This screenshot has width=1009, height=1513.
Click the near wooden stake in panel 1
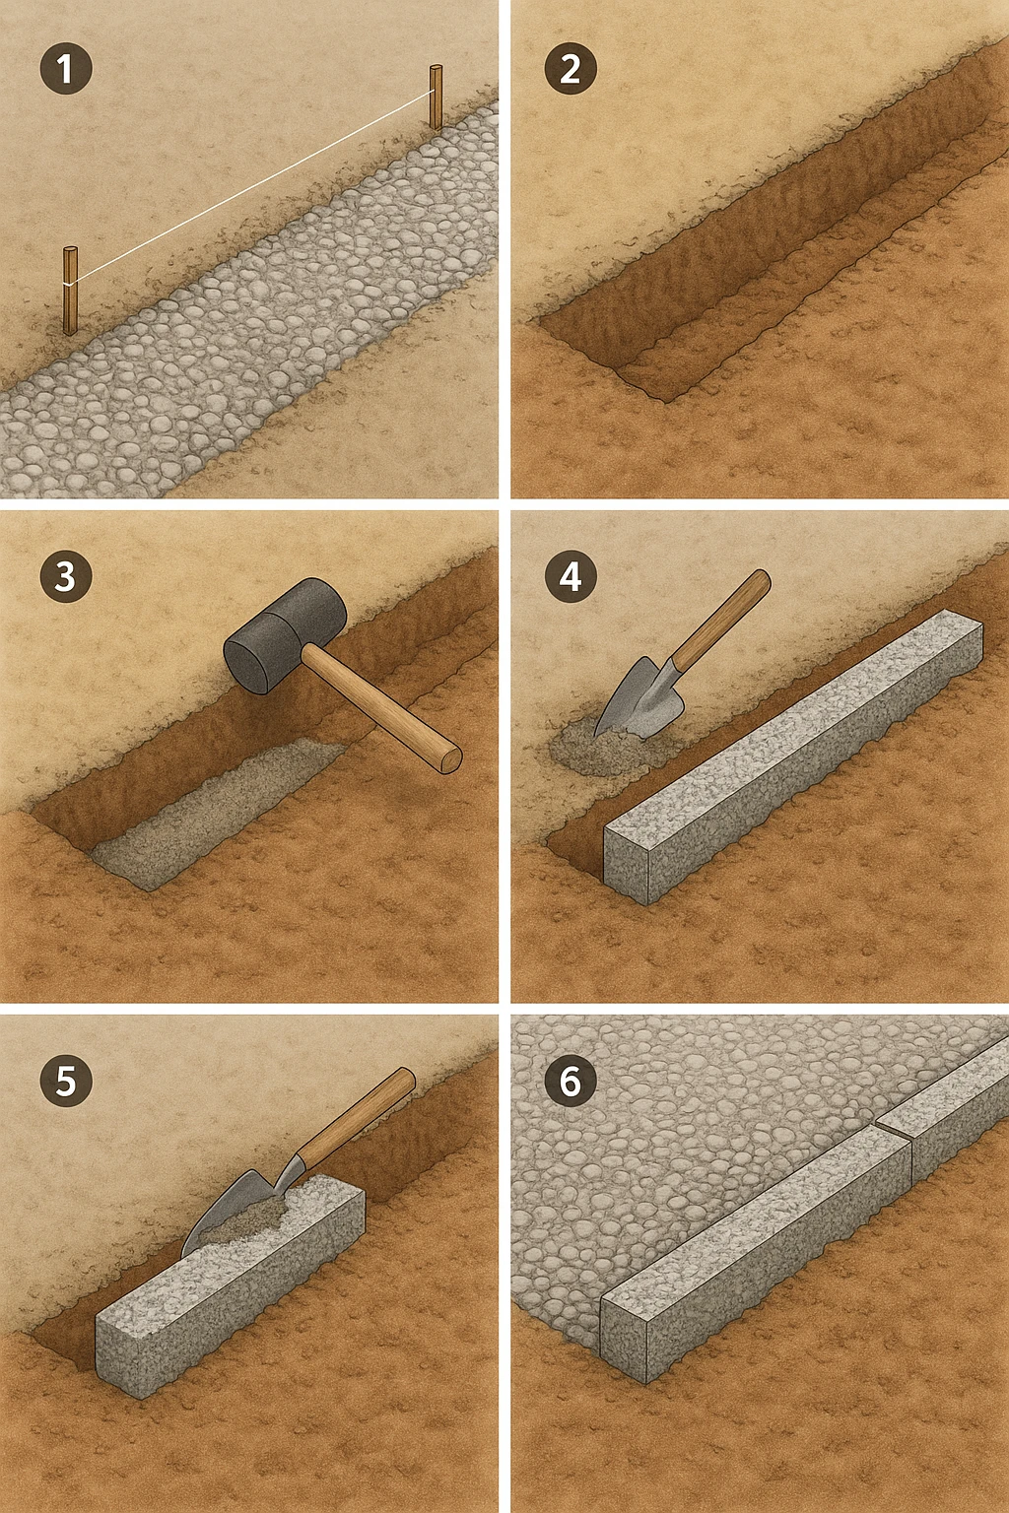click(x=70, y=291)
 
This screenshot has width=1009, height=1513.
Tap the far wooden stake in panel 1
click(x=436, y=98)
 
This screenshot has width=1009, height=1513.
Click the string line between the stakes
click(x=253, y=187)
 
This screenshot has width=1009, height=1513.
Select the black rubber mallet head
click(x=285, y=635)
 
